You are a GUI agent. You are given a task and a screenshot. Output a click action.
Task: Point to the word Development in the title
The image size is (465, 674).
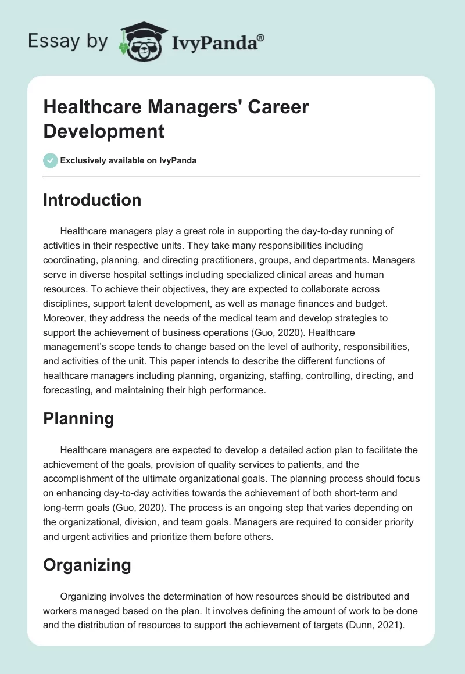coord(104,131)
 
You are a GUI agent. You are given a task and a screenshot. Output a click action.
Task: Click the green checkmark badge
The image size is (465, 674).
coord(51,160)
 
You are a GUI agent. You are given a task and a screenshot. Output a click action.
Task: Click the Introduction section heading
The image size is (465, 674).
coord(92,200)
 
